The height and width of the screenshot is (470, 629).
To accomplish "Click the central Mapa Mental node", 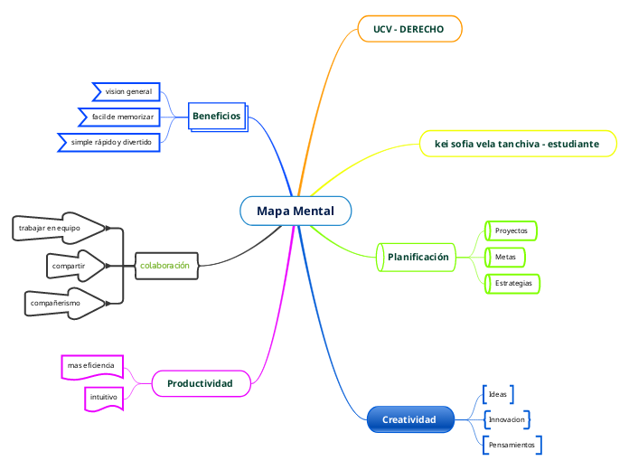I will click(x=296, y=211).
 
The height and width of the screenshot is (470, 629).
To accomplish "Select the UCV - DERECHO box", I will click(x=409, y=29).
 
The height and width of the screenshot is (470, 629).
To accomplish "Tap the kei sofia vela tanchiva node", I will click(x=518, y=144).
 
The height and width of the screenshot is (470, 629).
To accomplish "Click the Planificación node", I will click(x=418, y=258).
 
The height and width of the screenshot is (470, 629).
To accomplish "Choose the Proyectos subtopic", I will click(x=511, y=230).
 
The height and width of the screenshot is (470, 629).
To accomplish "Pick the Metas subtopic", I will click(x=505, y=258).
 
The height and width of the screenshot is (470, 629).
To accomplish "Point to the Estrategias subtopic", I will click(x=512, y=284).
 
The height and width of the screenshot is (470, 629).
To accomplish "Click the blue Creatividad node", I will click(x=409, y=419).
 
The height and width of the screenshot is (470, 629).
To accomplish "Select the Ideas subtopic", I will click(x=498, y=394).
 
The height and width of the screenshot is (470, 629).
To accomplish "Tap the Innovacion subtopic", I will click(x=506, y=419).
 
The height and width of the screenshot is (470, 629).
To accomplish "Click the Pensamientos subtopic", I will click(x=512, y=445).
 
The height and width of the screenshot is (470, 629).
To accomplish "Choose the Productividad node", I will click(x=201, y=383).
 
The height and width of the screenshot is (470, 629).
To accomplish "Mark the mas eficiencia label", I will click(x=91, y=365).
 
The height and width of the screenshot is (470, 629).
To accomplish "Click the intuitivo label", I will click(x=103, y=398).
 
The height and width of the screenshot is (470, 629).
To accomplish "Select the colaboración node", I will click(x=165, y=266).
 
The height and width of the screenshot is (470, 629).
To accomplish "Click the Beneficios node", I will click(x=217, y=117).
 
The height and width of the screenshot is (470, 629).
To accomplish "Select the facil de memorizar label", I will click(x=122, y=117).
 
